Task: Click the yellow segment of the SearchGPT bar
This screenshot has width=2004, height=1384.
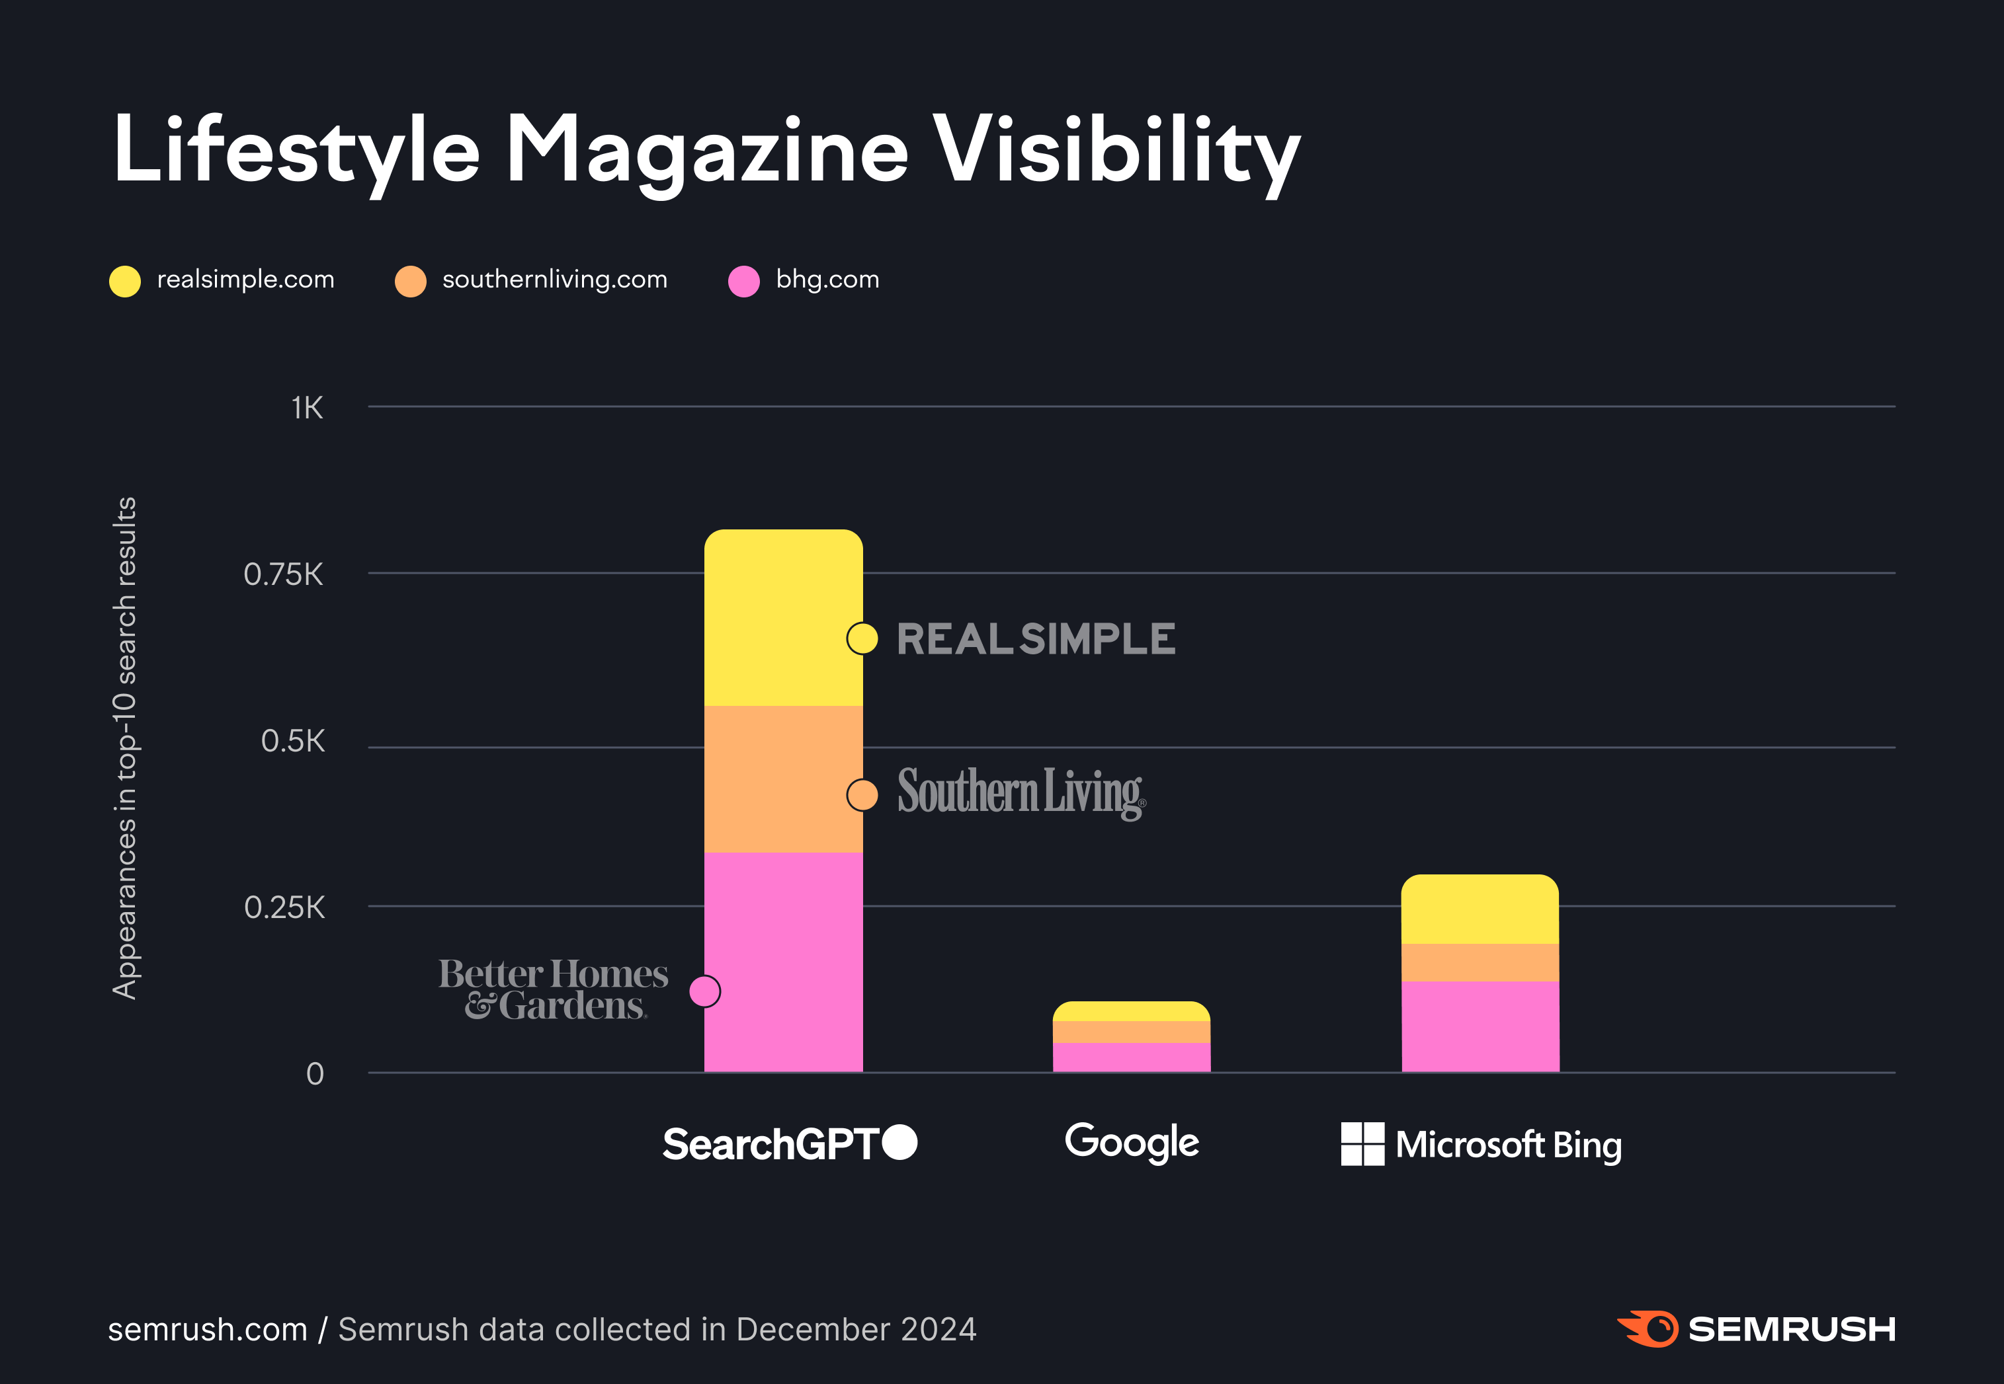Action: (782, 617)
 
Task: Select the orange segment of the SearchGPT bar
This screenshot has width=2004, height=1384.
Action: (782, 779)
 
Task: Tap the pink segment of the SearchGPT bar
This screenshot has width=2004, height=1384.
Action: (782, 962)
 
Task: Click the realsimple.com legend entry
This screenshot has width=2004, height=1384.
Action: (222, 280)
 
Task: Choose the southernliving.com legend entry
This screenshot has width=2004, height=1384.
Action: (531, 280)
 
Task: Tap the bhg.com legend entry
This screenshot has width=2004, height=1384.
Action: (804, 280)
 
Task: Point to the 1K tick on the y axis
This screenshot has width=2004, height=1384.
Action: (307, 408)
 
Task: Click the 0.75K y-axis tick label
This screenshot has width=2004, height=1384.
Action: (283, 574)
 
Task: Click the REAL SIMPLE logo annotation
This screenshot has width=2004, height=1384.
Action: (1036, 639)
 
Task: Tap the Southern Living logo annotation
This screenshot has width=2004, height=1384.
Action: (1021, 792)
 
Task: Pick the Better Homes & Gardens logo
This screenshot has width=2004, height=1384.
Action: (554, 989)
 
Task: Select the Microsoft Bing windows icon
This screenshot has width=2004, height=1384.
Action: (1362, 1144)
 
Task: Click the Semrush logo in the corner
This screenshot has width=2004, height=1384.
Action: (1756, 1328)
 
